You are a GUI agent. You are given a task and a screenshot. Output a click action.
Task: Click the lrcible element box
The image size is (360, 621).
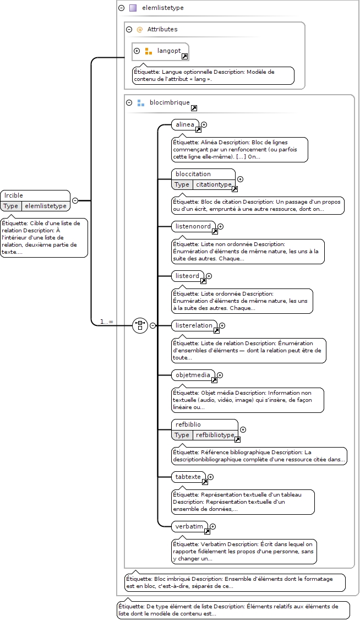(35, 201)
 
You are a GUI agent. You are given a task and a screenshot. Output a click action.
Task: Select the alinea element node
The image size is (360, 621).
(186, 125)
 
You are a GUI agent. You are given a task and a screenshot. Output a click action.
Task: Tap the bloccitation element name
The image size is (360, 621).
(193, 174)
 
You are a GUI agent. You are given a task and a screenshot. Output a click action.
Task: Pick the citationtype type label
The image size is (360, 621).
(214, 184)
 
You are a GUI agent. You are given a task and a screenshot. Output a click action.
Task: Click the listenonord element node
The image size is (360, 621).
(194, 226)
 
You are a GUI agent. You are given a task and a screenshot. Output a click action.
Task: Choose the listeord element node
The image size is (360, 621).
(188, 276)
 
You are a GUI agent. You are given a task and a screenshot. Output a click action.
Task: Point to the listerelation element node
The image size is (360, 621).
(194, 325)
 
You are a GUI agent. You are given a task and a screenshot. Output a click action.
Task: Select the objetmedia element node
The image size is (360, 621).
(193, 375)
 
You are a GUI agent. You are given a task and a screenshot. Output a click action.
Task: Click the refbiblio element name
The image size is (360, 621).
(188, 424)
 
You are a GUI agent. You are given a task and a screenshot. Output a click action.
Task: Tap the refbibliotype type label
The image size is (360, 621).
(215, 435)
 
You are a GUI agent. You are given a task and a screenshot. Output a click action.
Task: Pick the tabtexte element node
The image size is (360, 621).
(188, 477)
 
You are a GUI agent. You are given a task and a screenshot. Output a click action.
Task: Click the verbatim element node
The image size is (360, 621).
(190, 526)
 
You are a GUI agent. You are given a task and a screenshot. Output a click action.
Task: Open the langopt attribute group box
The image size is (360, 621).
(160, 52)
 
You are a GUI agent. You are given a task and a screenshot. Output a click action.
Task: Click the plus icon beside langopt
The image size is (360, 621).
(137, 51)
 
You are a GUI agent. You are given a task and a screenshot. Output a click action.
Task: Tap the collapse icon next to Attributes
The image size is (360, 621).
(129, 29)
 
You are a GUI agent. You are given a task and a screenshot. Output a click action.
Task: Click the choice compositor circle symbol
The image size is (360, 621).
(140, 325)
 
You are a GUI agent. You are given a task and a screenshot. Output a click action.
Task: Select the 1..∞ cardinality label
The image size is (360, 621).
(107, 322)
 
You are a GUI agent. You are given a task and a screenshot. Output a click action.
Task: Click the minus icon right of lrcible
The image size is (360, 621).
(75, 201)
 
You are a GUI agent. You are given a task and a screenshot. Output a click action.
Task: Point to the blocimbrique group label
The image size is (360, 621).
(170, 102)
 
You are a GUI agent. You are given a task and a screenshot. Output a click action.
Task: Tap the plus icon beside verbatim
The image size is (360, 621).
(213, 526)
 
